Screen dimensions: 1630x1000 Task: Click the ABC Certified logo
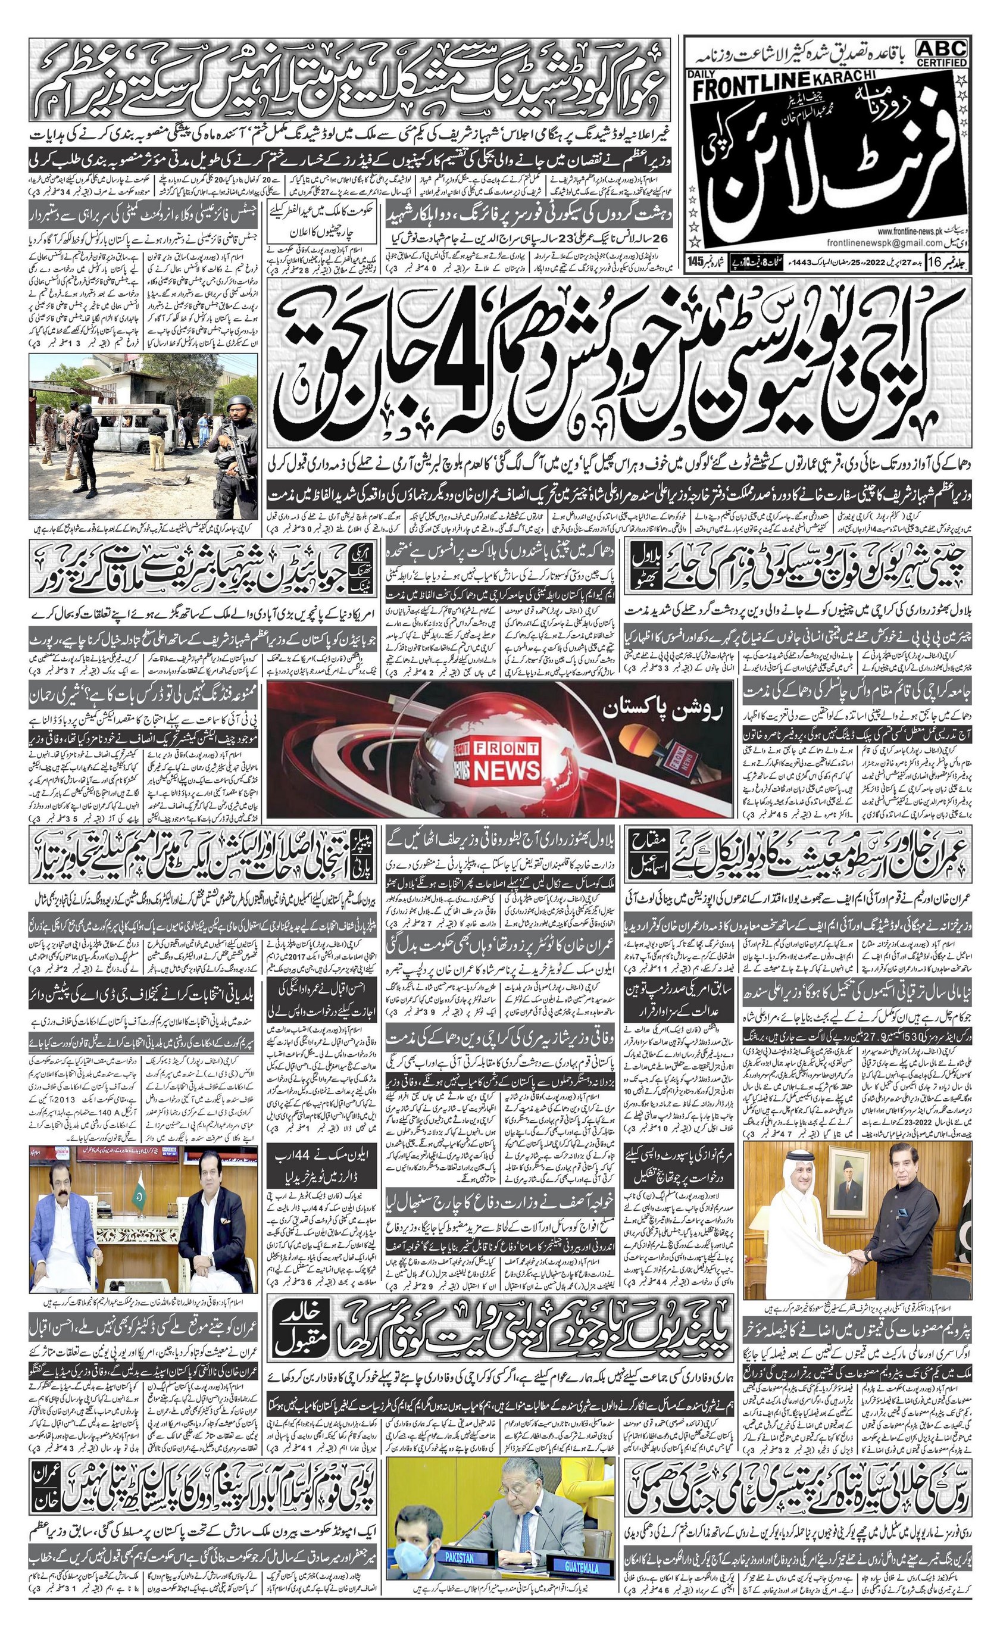(941, 52)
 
